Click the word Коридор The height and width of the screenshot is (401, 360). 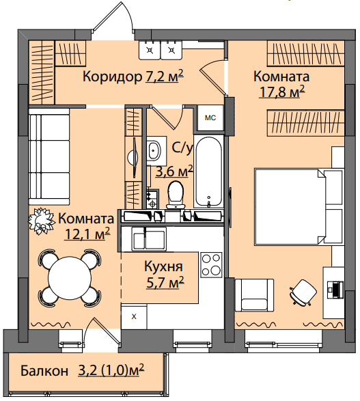click(112, 77)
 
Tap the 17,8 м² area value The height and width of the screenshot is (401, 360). click(282, 92)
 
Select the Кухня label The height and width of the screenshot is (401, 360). click(164, 266)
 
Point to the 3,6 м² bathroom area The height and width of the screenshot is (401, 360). click(174, 171)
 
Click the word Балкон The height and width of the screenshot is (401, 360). click(44, 370)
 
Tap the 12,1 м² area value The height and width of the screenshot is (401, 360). click(87, 234)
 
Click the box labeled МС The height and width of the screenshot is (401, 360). click(210, 118)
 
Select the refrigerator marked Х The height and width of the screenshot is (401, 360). click(134, 316)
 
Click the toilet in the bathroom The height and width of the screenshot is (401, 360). click(176, 195)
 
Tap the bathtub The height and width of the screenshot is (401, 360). click(208, 171)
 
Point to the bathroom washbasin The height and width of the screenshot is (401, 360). click(154, 150)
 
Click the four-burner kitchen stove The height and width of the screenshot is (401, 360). click(212, 265)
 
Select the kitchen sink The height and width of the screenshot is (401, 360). click(149, 239)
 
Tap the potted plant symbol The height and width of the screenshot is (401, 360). click(41, 221)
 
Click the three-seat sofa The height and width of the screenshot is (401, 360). click(49, 156)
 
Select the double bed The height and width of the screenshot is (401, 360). click(299, 206)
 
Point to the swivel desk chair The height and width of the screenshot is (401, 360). click(303, 292)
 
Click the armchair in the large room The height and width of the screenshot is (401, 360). click(254, 295)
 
